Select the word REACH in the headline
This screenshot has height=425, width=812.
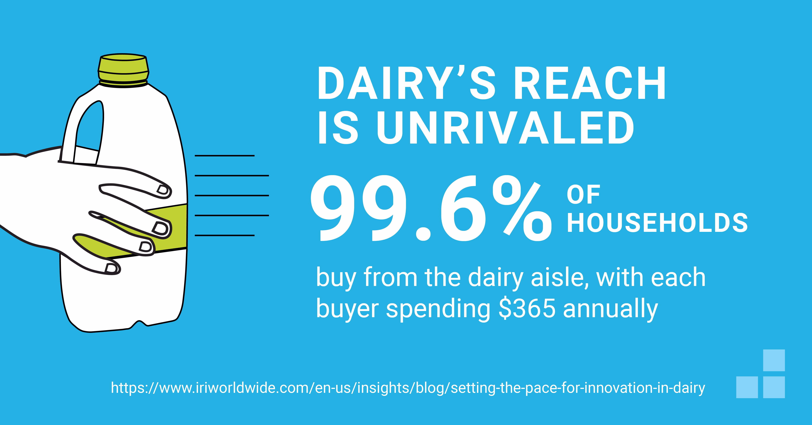(x=590, y=84)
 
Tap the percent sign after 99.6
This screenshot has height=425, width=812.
(x=522, y=210)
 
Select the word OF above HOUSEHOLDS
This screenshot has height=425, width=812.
(x=583, y=195)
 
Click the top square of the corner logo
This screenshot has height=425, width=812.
(x=774, y=360)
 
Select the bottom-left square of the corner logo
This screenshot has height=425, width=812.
(x=747, y=387)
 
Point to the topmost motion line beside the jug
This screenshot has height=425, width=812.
(x=224, y=156)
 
